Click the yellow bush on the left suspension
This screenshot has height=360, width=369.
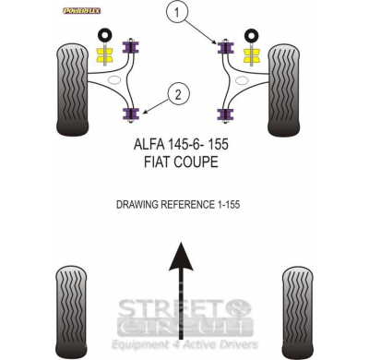pos(107,57)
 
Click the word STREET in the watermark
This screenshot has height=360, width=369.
pos(179,304)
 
